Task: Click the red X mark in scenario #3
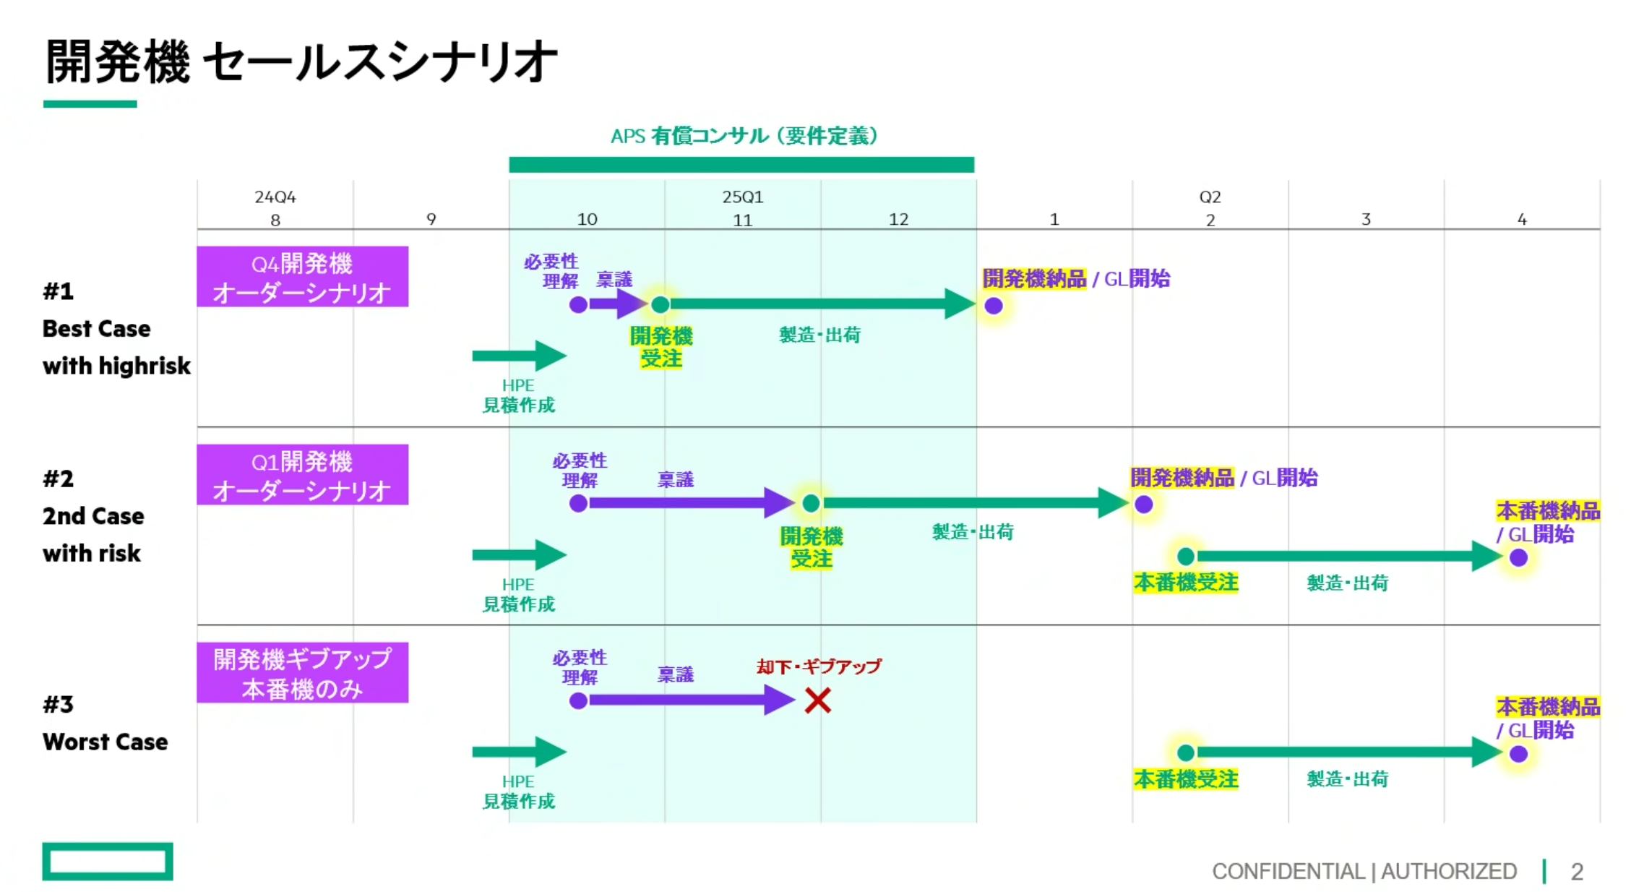tap(817, 700)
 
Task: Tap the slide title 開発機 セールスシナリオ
tap(301, 62)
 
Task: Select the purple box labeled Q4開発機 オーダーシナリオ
tap(302, 277)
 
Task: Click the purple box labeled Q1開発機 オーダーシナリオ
tap(302, 475)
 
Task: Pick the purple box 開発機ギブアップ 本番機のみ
tap(302, 673)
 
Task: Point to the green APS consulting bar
tap(741, 165)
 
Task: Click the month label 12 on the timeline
tap(898, 220)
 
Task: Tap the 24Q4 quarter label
tap(275, 197)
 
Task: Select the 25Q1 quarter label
tap(742, 197)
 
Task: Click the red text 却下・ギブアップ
tap(819, 666)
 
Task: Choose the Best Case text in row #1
tap(96, 329)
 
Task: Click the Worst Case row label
tap(105, 742)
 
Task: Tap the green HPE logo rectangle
tap(108, 862)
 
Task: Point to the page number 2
tap(1577, 872)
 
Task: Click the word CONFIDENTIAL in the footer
tap(1288, 872)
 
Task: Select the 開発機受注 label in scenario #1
tap(660, 347)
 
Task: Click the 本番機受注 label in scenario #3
tap(1185, 779)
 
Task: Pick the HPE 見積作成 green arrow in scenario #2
tap(518, 555)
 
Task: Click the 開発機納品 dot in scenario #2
tap(1143, 505)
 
